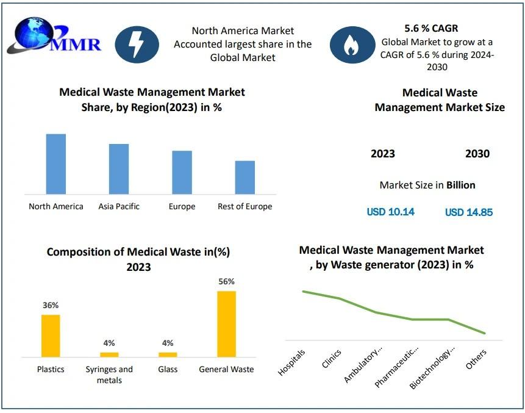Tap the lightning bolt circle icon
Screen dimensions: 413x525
click(137, 44)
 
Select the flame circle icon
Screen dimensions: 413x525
click(352, 45)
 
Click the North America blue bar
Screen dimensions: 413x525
click(56, 163)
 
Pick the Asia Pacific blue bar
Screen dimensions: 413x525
click(119, 169)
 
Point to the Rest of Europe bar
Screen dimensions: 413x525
click(245, 178)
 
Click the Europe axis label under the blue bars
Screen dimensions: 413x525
click(182, 207)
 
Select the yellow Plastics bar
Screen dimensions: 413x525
click(51, 336)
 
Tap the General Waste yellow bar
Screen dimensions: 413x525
click(226, 324)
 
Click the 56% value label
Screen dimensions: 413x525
click(226, 282)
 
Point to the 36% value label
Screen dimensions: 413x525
click(51, 305)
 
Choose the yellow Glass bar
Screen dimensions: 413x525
click(168, 354)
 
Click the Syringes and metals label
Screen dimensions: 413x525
click(109, 375)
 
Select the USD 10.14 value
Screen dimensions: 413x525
click(391, 212)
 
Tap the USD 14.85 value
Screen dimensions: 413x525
click(469, 212)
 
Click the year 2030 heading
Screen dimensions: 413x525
click(477, 154)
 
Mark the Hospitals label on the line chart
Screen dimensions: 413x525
click(292, 362)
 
